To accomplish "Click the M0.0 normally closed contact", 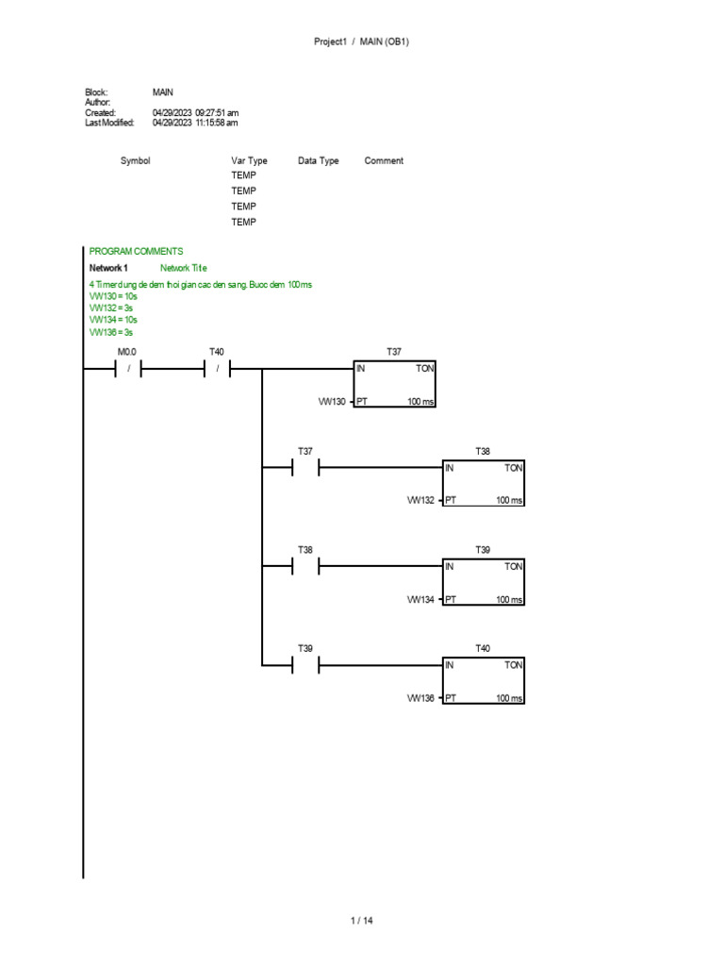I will (127, 370).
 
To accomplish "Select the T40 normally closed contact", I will (217, 370).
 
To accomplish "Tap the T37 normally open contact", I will (305, 468).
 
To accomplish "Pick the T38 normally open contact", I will (305, 566).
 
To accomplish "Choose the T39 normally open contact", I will (305, 665).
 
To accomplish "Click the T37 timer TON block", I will (395, 385).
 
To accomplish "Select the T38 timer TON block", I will (484, 483).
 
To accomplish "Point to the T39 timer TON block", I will (484, 581).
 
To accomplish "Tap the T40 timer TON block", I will (484, 680).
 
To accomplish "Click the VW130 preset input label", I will (333, 402).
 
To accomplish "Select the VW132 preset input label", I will (421, 500).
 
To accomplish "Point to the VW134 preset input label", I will (421, 599).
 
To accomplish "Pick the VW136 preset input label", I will (421, 698).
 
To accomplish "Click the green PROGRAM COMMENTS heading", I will (136, 251).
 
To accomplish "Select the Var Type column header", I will (249, 161).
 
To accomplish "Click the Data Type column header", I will (319, 161).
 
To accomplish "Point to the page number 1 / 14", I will (362, 921).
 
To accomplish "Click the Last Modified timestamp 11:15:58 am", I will (216, 123).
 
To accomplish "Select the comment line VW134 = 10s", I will (113, 320).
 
